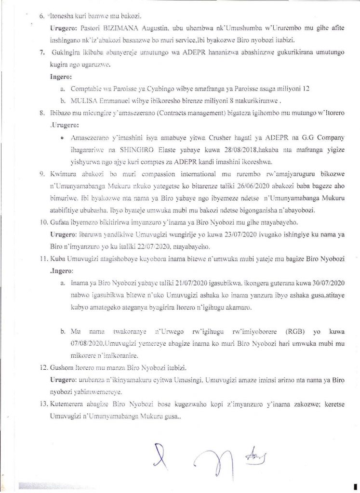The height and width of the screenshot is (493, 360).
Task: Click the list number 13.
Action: (42, 405)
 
